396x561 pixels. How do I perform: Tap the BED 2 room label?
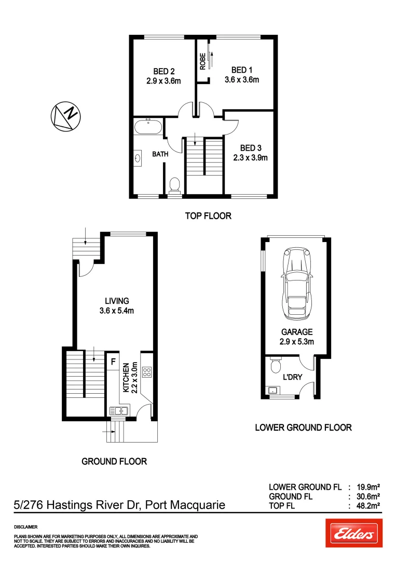point(163,71)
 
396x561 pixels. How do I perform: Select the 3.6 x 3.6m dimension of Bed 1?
point(241,80)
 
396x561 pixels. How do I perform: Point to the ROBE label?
point(202,61)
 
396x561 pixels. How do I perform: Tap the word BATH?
point(160,154)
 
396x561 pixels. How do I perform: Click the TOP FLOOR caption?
point(208,216)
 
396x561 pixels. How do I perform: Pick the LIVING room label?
point(117,301)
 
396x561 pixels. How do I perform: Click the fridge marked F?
point(113,360)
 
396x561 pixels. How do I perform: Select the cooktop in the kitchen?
point(147,372)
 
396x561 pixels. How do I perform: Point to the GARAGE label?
point(296,332)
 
